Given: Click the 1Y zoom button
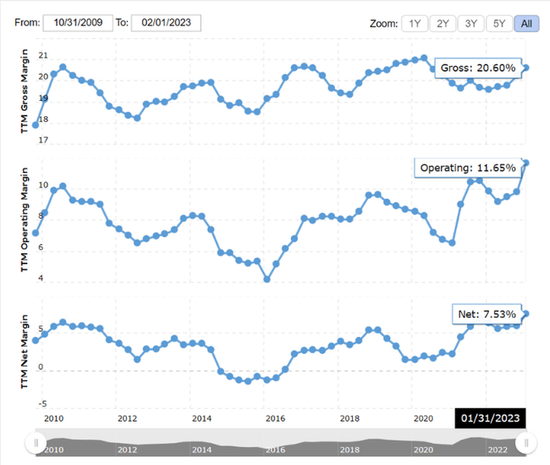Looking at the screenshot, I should (415, 24).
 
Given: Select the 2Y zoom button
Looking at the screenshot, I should (443, 24).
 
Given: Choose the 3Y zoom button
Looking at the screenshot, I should (470, 24).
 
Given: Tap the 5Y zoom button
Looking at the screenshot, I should (499, 24).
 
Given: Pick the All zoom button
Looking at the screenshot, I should (526, 24).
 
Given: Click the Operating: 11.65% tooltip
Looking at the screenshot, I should (467, 168).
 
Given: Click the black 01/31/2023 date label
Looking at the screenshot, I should (491, 418).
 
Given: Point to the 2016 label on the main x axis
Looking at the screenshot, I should (275, 418).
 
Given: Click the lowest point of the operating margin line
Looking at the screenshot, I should (267, 279).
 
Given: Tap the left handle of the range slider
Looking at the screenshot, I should (36, 442).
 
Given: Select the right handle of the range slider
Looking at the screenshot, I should (526, 442).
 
